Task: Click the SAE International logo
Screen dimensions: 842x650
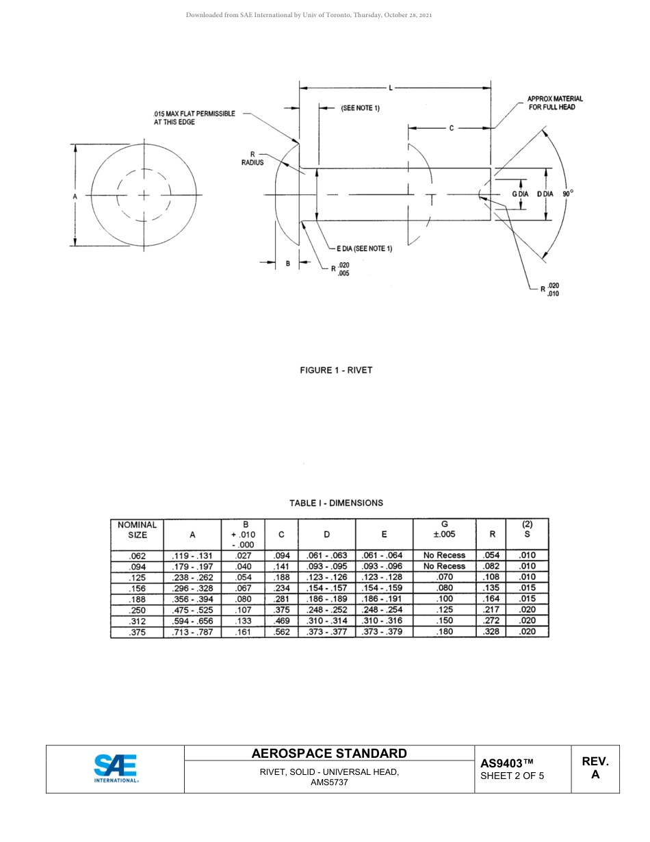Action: click(116, 768)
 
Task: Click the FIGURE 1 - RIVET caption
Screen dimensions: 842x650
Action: click(336, 370)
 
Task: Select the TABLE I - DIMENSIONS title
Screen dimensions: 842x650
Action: click(336, 503)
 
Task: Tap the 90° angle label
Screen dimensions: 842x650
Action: click(568, 194)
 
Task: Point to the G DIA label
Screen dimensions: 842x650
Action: click(520, 194)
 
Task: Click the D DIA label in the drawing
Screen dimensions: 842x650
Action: click(545, 194)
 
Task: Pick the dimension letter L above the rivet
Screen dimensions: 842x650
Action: click(390, 88)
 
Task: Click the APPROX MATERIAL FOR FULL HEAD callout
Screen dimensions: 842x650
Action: click(554, 103)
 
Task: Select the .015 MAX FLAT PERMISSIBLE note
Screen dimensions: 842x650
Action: click(194, 117)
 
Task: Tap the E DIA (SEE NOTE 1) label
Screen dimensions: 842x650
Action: click(364, 248)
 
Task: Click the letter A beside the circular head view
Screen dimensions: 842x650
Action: click(75, 196)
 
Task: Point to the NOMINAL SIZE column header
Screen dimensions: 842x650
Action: click(138, 530)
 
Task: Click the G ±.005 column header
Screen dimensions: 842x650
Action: click(445, 529)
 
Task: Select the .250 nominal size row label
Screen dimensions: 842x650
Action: click(138, 610)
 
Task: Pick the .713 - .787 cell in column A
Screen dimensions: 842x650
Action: click(192, 632)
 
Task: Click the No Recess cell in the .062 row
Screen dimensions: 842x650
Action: click(445, 555)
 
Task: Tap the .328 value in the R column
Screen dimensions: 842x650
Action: click(491, 632)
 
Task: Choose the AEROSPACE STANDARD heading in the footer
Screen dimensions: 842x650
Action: click(329, 754)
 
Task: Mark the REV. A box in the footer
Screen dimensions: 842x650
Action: click(595, 768)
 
